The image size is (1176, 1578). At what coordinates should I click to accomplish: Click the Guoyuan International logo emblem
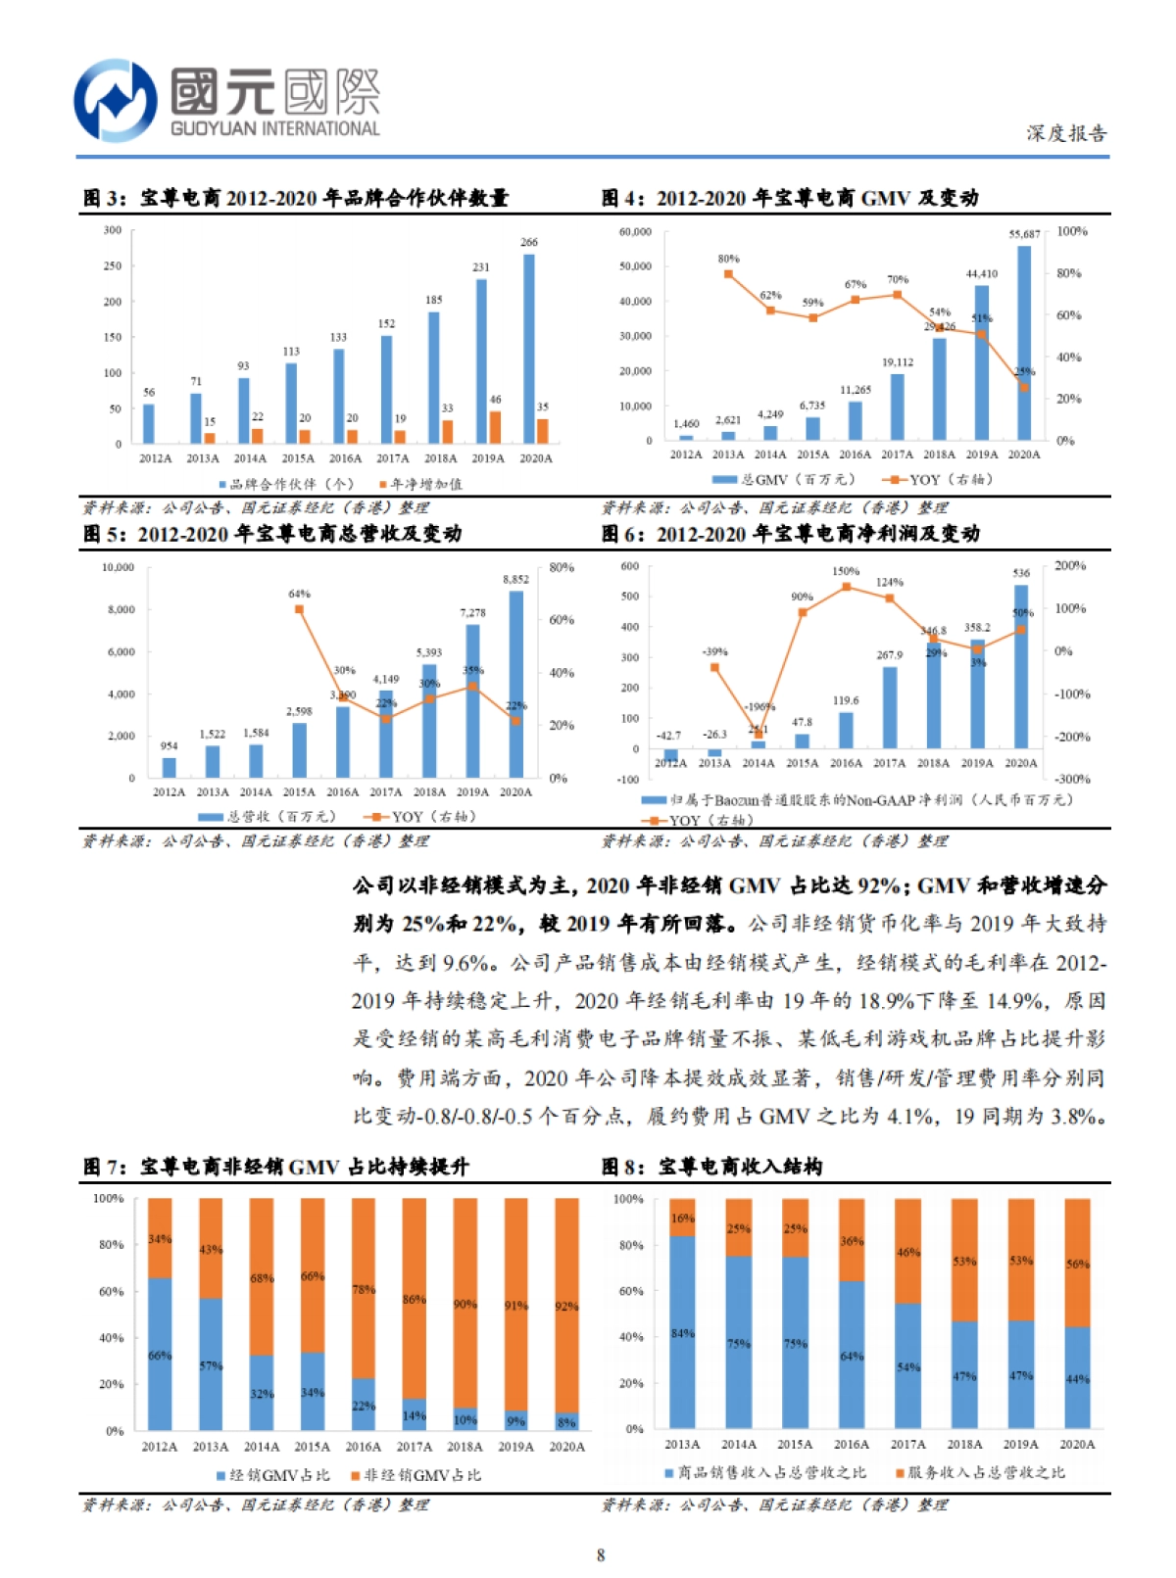115,101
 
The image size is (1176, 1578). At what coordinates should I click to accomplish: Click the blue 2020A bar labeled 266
529,348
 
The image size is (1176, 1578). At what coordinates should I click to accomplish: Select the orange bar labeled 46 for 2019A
495,427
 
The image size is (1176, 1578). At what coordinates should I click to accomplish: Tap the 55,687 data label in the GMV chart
1024,234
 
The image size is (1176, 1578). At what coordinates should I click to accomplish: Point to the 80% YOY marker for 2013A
728,274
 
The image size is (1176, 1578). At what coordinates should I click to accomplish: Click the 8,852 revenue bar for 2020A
515,683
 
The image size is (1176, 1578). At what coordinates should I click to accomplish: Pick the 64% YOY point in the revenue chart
299,609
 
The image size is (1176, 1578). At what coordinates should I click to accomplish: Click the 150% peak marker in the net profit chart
846,587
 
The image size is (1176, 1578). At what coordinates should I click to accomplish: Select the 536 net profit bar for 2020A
1020,666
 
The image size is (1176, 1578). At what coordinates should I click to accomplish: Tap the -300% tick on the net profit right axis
1072,779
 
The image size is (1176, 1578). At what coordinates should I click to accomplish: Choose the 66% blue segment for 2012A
160,1354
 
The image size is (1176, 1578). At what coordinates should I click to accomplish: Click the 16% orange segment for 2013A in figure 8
682,1218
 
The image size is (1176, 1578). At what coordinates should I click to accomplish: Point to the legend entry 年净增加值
426,484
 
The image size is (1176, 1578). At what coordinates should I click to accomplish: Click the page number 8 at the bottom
600,1554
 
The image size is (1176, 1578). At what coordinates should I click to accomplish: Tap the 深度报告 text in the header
1066,133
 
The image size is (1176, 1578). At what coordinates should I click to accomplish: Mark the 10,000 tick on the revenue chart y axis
119,567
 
